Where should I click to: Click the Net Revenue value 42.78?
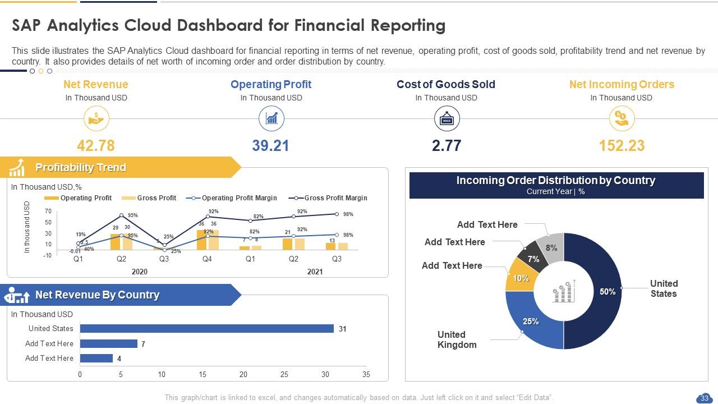tap(96, 146)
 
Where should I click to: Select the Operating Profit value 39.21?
tap(271, 146)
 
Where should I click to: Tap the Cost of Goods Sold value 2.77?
tap(447, 146)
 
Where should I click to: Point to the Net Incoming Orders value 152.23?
tap(622, 146)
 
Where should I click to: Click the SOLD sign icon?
tap(447, 120)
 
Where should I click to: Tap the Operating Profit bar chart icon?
tap(271, 119)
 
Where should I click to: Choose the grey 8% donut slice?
tap(551, 247)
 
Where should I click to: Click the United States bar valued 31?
tap(206, 329)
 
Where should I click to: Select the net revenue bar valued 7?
tap(108, 343)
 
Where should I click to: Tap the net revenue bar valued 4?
tap(96, 359)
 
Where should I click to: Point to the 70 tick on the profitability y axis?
tap(48, 212)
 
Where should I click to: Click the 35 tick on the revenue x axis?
tap(366, 374)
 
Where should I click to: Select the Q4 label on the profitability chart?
tap(207, 259)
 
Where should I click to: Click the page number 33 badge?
tap(703, 398)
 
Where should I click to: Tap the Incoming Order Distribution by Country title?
tap(556, 181)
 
